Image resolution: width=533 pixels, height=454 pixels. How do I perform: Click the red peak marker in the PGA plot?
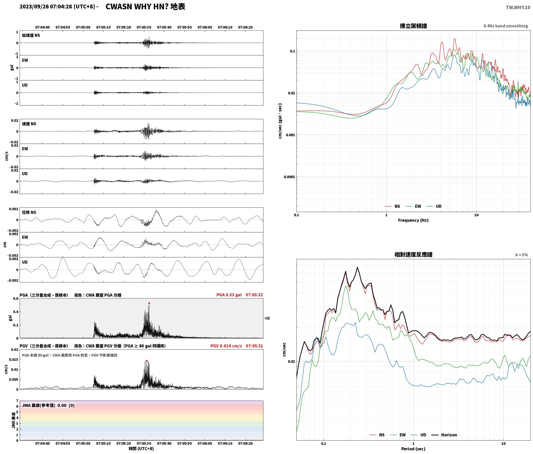point(149,303)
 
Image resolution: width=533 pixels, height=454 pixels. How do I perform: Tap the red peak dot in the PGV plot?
point(147,361)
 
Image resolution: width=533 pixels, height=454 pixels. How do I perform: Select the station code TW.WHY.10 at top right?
point(518,7)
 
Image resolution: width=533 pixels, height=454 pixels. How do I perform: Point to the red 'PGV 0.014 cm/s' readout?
point(226,346)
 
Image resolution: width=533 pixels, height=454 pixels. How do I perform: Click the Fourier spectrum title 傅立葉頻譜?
point(413,26)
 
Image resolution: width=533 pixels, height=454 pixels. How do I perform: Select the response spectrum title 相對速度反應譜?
point(413,255)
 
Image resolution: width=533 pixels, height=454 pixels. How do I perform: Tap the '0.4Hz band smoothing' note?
point(506,26)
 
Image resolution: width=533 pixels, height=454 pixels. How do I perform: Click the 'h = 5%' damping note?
point(522,255)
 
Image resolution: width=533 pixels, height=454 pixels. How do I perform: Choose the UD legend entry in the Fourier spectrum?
point(434,206)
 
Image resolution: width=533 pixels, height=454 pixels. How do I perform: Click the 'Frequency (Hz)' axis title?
point(413,220)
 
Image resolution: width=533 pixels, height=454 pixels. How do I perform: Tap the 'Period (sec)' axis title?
point(413,449)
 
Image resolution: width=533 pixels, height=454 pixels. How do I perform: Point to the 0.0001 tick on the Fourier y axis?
point(289,177)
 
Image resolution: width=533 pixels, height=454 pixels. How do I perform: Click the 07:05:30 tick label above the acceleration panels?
point(144,27)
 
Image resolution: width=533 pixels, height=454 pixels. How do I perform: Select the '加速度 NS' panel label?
point(31,35)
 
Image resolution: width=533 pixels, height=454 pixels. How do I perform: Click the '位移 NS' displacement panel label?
point(29,212)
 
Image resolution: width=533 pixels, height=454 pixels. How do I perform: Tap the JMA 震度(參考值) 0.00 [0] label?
point(48,406)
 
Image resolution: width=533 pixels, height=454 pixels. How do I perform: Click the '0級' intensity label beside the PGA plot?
point(267,318)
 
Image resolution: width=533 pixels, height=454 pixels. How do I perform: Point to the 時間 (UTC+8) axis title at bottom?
point(141,449)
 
